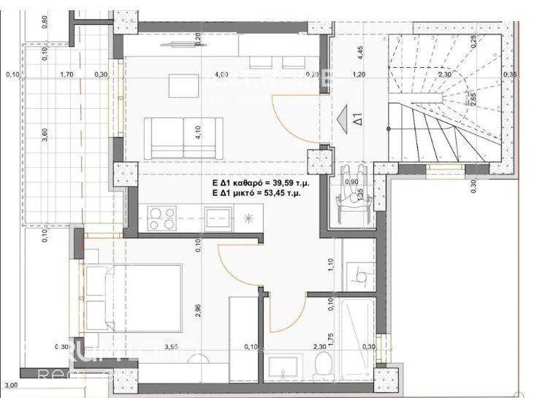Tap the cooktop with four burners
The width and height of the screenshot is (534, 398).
161,217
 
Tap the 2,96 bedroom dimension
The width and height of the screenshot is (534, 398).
199,313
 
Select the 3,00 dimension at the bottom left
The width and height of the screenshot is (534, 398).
10,385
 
